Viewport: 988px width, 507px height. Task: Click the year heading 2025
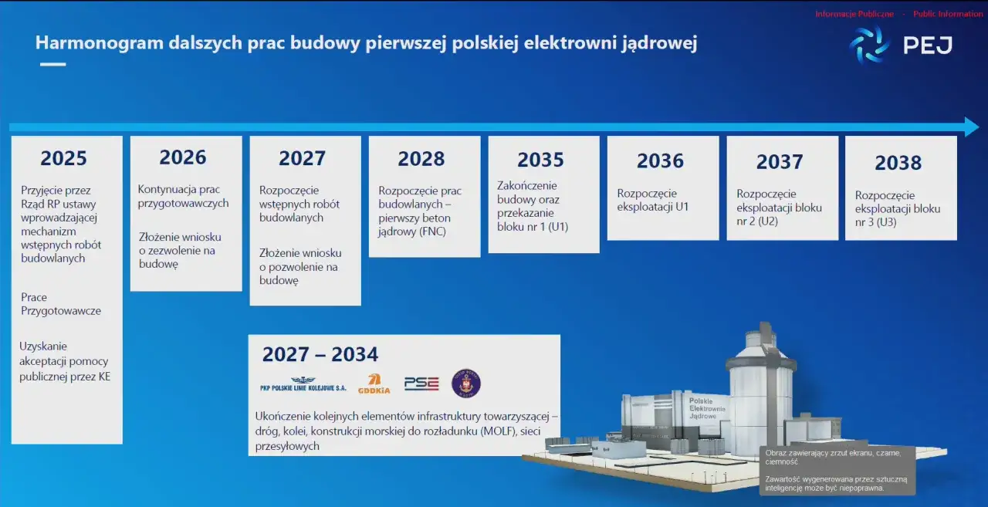point(63,158)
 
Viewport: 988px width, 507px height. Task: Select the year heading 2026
point(183,157)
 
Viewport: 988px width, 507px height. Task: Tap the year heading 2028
point(421,159)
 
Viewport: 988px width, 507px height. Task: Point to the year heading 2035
point(540,159)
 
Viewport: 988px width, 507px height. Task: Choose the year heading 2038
point(898,163)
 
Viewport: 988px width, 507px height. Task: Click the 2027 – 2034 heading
point(320,354)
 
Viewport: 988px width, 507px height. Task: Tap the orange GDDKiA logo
point(374,384)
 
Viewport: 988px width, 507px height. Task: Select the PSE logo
point(421,384)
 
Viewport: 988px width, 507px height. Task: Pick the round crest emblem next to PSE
point(466,383)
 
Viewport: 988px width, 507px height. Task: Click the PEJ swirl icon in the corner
point(869,45)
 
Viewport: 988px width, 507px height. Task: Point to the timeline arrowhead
point(971,127)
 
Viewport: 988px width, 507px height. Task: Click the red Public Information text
point(948,14)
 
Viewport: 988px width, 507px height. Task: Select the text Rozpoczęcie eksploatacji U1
point(653,200)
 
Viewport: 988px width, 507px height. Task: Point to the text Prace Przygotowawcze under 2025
point(61,304)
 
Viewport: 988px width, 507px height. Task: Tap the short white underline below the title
point(52,65)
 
